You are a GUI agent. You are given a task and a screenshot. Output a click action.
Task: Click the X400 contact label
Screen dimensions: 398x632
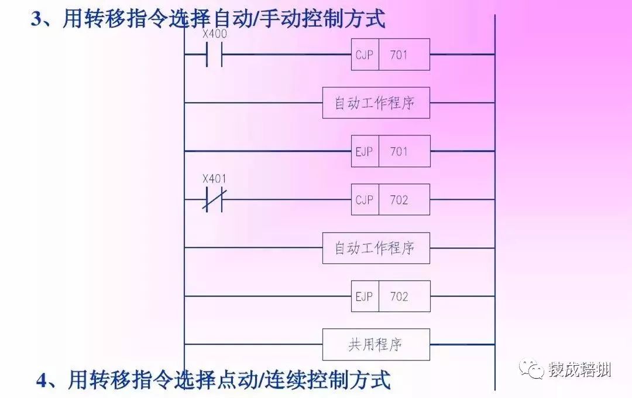click(x=214, y=34)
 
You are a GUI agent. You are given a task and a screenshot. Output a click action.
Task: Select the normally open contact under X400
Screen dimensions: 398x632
click(x=214, y=55)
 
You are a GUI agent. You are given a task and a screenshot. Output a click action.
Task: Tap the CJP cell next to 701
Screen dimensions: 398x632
click(x=365, y=55)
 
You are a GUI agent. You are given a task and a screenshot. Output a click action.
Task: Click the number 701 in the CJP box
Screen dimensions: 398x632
click(x=399, y=55)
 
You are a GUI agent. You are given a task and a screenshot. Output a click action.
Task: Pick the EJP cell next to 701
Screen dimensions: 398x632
click(x=365, y=151)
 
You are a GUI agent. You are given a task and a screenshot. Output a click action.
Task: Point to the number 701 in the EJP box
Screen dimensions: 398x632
click(x=399, y=151)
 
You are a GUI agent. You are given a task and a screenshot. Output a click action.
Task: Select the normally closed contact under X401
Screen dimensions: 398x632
click(x=214, y=200)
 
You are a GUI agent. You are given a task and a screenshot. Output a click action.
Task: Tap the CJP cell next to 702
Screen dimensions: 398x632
click(x=365, y=200)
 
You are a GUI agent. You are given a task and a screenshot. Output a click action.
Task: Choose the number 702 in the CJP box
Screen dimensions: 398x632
click(x=399, y=200)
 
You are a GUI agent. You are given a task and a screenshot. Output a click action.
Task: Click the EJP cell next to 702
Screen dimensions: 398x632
click(x=365, y=296)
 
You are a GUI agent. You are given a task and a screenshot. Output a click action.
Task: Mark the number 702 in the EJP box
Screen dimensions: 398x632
click(x=399, y=296)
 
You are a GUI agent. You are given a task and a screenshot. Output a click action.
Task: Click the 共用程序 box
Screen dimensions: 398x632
click(x=376, y=345)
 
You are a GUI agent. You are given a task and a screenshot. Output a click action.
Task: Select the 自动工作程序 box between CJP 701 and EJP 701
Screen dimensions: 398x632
click(x=376, y=103)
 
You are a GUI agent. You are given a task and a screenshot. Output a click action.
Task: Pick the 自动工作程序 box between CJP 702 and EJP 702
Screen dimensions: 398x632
click(x=376, y=248)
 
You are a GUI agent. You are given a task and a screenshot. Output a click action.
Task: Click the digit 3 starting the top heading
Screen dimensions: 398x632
click(x=37, y=19)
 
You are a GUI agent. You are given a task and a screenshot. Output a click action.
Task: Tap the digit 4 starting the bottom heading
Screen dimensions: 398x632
click(x=42, y=380)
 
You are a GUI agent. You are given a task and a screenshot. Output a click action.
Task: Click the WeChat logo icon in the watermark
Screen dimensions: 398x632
click(x=534, y=369)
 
